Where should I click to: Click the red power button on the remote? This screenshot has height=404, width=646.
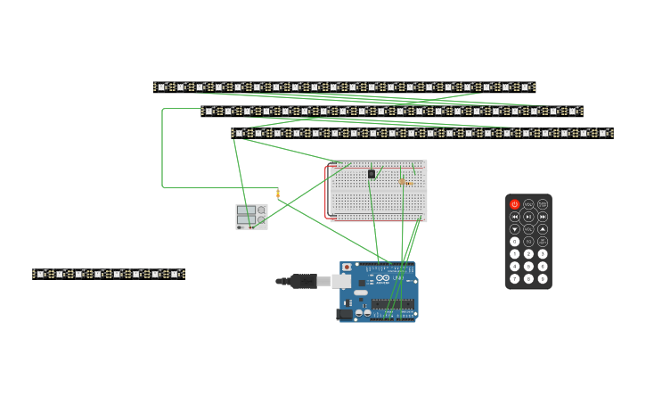point(514,204)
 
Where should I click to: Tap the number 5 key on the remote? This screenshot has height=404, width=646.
point(528,267)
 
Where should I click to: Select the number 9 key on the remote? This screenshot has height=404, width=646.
point(543,279)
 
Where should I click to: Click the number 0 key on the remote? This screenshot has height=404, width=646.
point(514,242)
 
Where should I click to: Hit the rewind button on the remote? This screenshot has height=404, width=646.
point(514,217)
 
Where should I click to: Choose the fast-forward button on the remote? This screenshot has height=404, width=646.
point(543,217)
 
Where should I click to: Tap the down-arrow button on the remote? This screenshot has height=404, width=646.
point(514,229)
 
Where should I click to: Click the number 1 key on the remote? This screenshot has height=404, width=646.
point(514,254)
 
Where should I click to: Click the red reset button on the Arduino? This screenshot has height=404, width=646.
point(347,268)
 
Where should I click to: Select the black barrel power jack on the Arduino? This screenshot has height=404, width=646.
point(344,314)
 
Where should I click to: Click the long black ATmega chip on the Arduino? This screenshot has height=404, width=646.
point(392,304)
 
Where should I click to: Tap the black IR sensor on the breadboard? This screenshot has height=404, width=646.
point(372,173)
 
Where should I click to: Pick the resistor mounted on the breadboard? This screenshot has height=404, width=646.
point(403,181)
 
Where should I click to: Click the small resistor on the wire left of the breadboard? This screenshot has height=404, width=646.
point(277,194)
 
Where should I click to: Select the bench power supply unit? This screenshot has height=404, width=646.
point(251,216)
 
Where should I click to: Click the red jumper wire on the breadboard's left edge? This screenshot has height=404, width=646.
point(326,191)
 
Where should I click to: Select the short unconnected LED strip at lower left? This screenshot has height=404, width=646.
point(108,274)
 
